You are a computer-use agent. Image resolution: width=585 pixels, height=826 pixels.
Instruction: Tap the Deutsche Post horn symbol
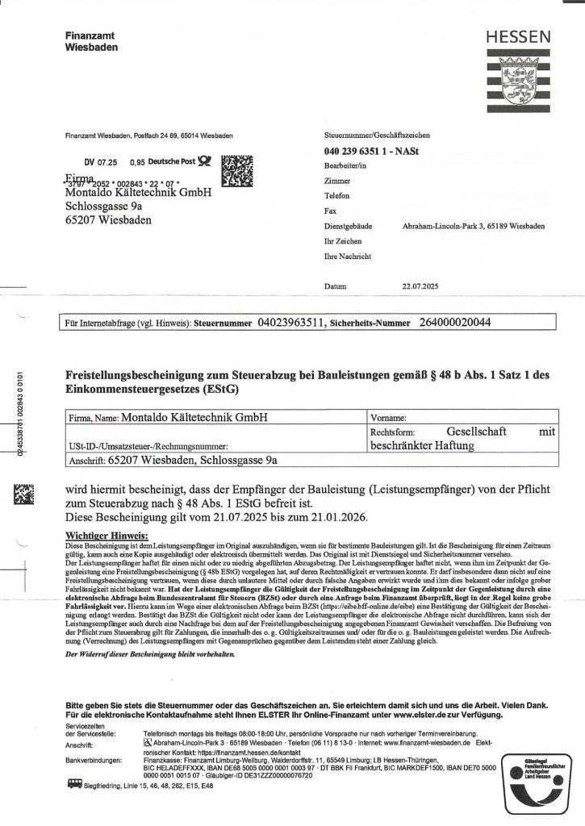205,161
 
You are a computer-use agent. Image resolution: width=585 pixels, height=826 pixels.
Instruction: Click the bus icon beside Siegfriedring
73,782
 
